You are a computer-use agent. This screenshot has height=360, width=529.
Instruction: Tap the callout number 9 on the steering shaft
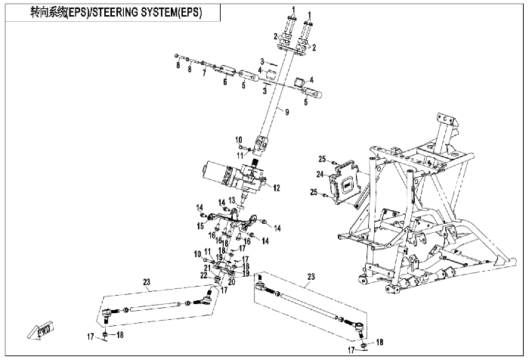pos(286,112)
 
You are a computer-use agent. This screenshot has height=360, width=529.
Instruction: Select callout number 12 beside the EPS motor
pos(277,188)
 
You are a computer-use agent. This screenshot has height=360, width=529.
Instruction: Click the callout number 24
pos(320,174)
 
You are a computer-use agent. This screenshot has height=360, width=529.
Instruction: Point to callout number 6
pos(225,82)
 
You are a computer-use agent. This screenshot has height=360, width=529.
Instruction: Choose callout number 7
pos(204,73)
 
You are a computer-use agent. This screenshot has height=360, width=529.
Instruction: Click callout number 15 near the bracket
pos(200,225)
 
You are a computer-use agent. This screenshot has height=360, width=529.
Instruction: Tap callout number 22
pos(203,275)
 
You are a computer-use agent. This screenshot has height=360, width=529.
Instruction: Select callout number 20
pos(231,281)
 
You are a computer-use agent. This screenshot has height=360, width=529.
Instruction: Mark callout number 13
pos(231,200)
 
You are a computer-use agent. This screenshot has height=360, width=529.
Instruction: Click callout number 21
pos(207,268)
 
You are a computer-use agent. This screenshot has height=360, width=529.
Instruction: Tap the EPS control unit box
pos(345,184)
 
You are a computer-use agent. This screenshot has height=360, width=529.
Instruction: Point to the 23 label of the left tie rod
pos(147,282)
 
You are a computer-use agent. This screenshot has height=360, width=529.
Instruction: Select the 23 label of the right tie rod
pos(311,277)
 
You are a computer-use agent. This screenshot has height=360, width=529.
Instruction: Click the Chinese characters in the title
pos(48,13)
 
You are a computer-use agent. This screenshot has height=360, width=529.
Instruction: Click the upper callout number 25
pos(322,159)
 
